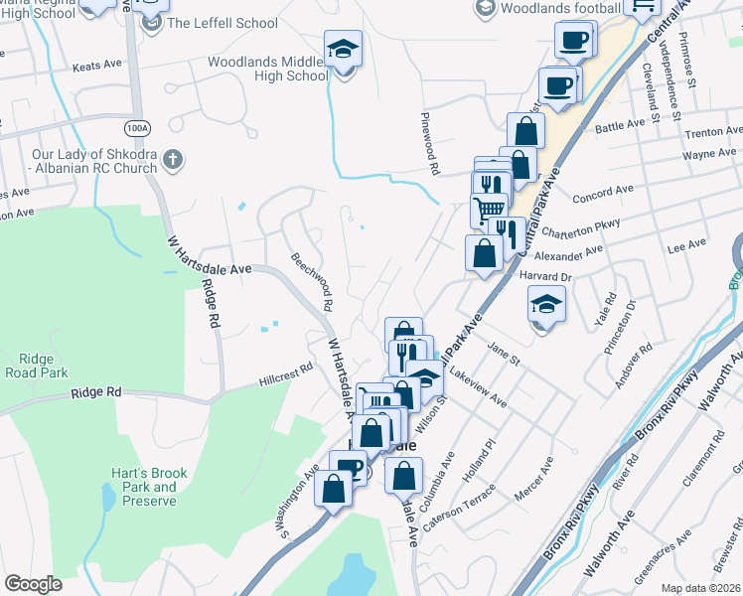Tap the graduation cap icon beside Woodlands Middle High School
click(x=343, y=50)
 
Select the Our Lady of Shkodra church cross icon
click(x=172, y=159)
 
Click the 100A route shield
click(x=139, y=127)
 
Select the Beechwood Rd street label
click(x=316, y=281)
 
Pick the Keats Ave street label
click(x=97, y=69)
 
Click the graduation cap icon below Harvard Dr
click(x=545, y=304)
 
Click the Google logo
click(x=33, y=584)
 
